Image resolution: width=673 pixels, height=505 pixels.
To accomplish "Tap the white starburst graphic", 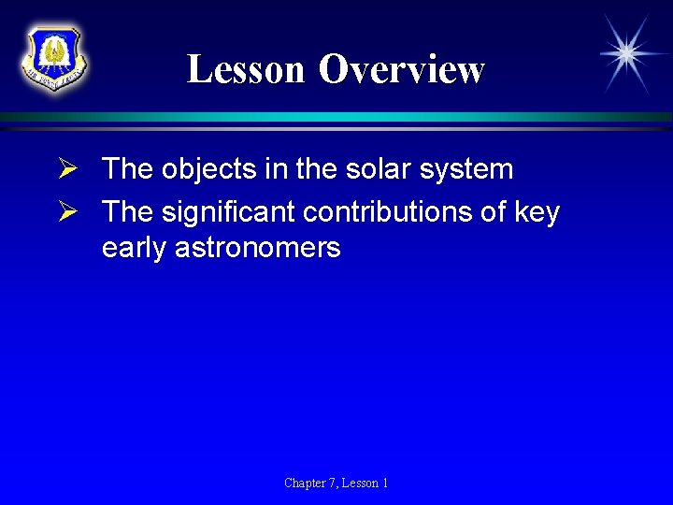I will tap(626, 53).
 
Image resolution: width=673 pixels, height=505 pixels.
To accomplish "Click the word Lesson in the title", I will tap(246, 70).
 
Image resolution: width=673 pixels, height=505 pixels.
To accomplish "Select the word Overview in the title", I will tap(402, 70).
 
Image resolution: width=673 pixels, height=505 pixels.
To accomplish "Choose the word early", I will tap(136, 249).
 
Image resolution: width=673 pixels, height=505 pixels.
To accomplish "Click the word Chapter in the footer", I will tap(305, 483).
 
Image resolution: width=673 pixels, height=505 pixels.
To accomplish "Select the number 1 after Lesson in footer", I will tap(385, 483).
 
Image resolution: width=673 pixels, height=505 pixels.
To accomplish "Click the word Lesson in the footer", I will tap(361, 483).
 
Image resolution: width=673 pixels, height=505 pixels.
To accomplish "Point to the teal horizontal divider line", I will tap(336, 117).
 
